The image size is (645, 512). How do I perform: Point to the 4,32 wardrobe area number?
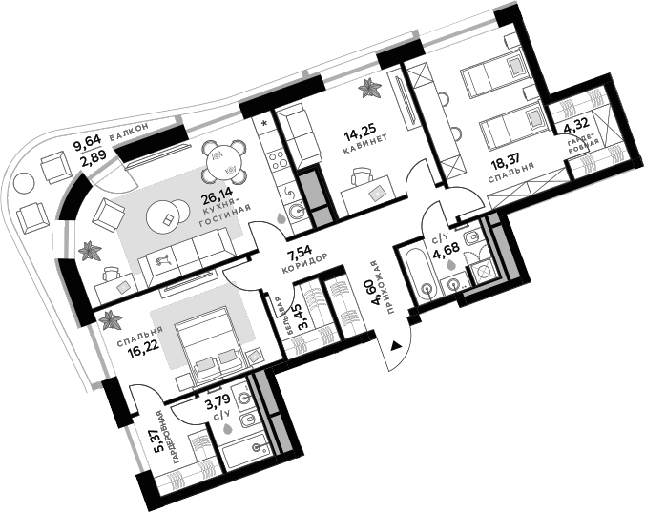pyautogui.click(x=575, y=124)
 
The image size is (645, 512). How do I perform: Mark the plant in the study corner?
pyautogui.click(x=369, y=91)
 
